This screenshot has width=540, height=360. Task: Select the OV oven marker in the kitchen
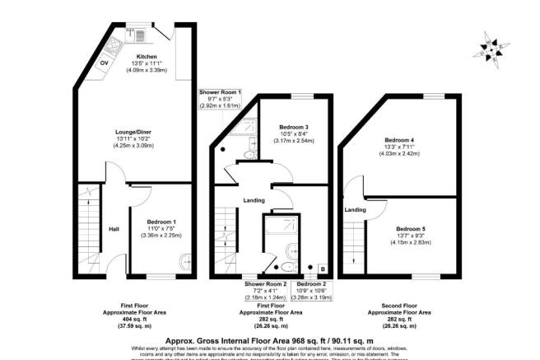pos(105,63)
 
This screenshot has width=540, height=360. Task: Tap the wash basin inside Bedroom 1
pos(186,263)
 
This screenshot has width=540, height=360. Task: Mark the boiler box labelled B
pos(322,269)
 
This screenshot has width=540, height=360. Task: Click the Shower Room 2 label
pos(264,283)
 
